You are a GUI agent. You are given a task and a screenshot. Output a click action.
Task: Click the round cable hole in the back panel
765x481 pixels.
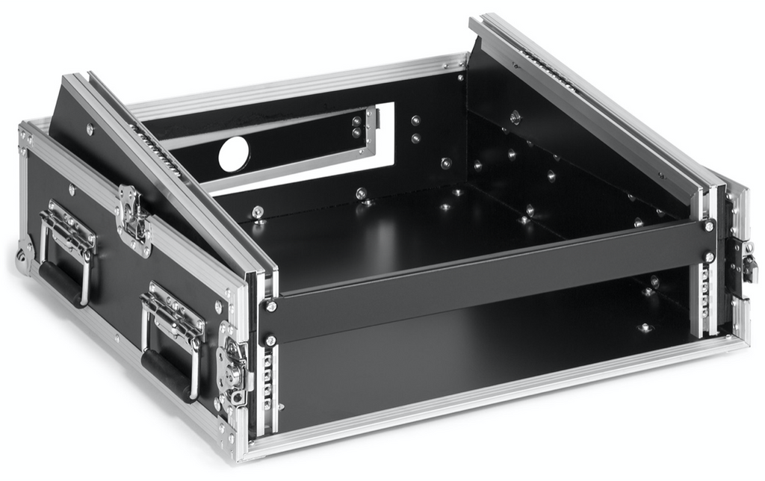(x=232, y=155)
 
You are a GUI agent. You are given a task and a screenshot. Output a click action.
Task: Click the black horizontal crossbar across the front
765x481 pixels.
(x=486, y=276)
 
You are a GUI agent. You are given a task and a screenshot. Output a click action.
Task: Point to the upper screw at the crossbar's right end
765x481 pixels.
(x=707, y=226)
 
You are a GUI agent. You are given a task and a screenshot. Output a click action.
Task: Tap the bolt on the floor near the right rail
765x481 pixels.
(x=644, y=328)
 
